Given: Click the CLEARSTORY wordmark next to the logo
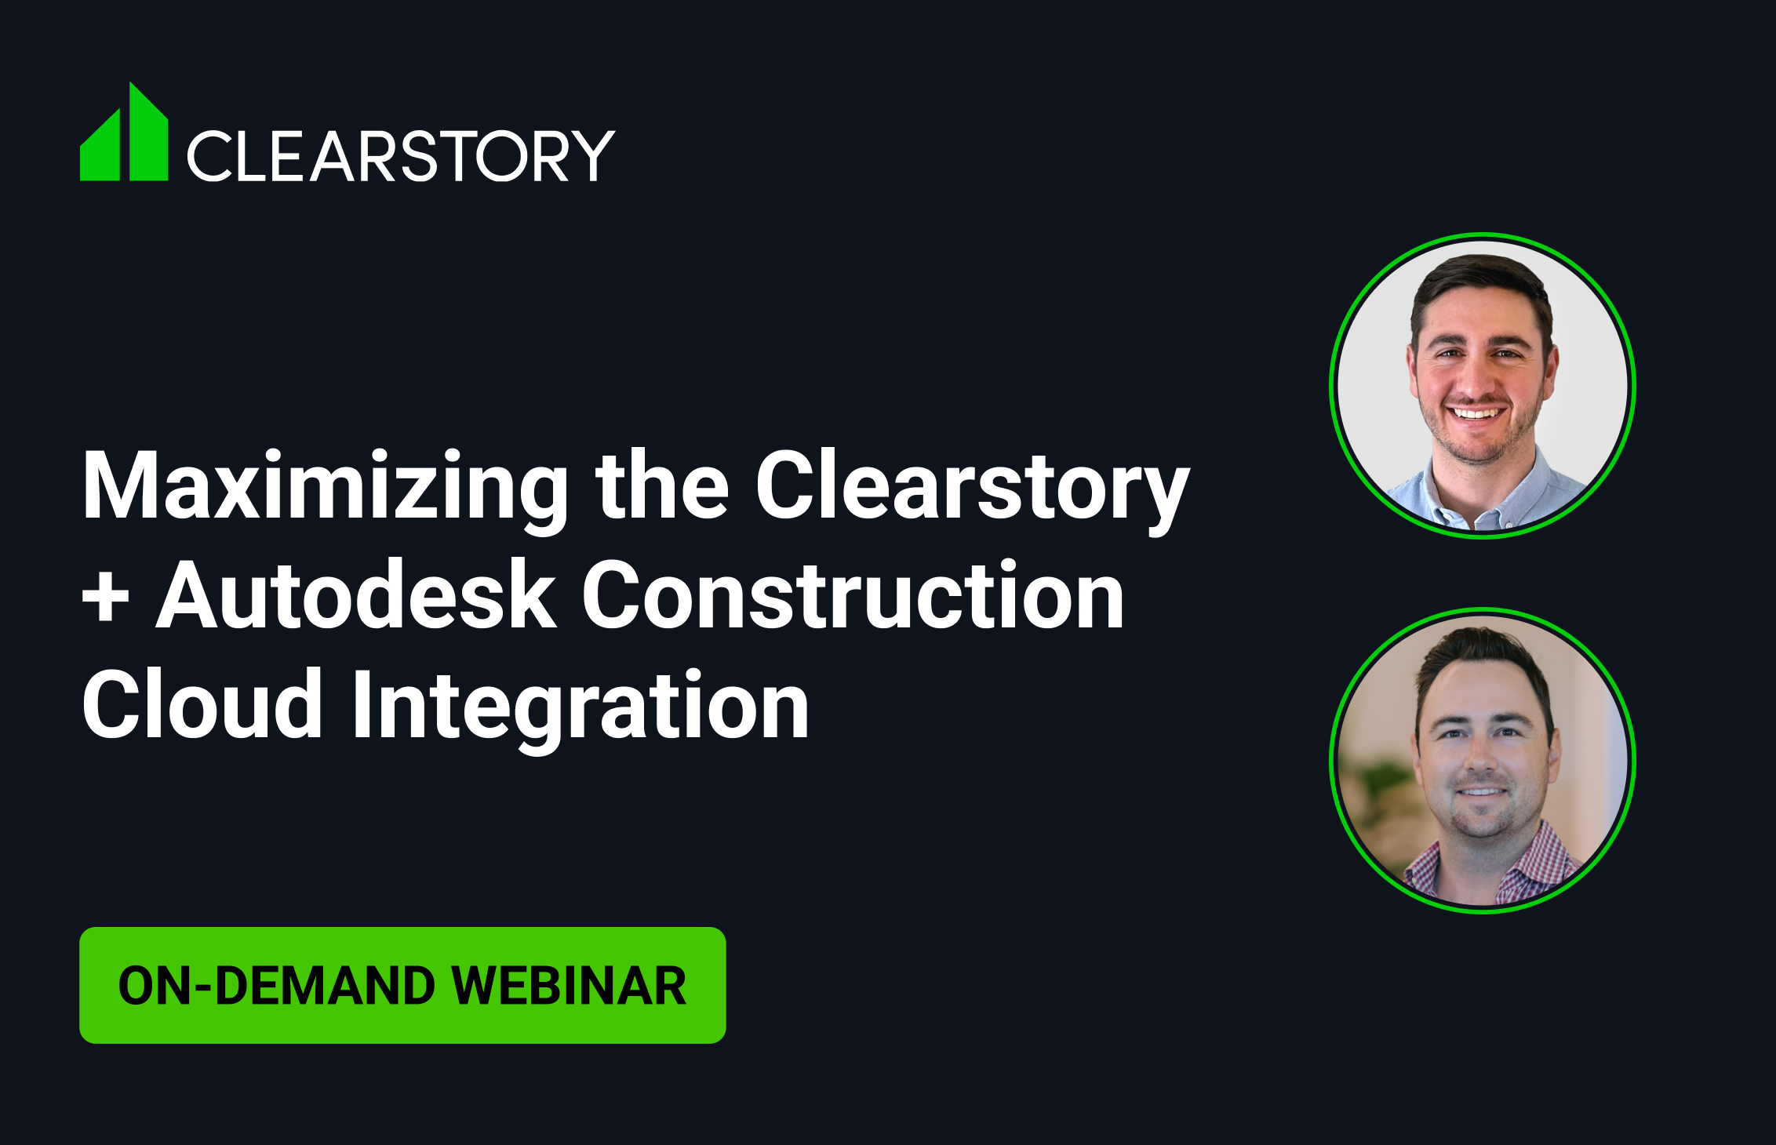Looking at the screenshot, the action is pos(401,156).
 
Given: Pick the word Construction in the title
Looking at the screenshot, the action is pos(853,596).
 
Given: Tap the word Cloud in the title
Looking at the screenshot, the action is pos(202,705).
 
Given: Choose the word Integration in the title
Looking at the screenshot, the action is pos(580,710).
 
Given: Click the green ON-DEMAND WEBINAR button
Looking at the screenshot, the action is pos(402,985).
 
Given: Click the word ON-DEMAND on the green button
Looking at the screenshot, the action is pos(276,986).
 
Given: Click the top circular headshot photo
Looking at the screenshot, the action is pos(1483,385).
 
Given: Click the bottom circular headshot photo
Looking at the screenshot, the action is pos(1483,760).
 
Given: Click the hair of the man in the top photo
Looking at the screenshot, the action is pos(1480,286).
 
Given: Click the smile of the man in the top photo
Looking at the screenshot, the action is pos(1475,413).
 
